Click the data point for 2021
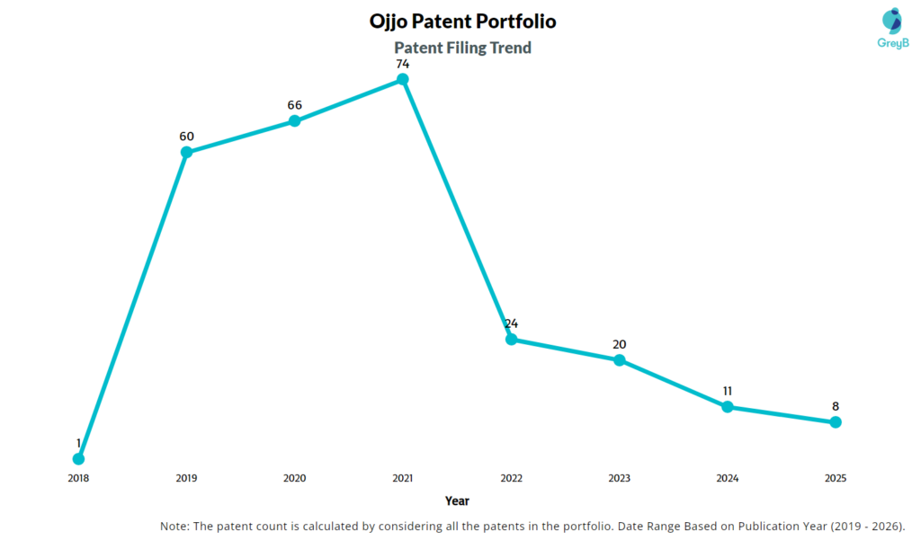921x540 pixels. coord(403,79)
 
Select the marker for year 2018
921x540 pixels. coord(78,459)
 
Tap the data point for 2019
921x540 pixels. coord(186,152)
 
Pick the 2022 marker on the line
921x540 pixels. coord(511,339)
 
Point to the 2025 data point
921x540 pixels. coord(836,421)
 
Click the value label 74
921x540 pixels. coord(403,64)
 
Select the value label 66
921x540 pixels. coord(294,105)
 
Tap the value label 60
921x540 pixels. coord(186,137)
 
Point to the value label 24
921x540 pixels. coord(511,323)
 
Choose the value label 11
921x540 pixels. coord(727,391)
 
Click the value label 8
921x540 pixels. coord(836,406)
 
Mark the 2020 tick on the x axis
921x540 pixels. coord(294,478)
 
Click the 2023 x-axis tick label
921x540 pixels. coord(619,478)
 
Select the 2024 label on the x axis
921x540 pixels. coord(727,478)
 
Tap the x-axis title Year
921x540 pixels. coord(457,500)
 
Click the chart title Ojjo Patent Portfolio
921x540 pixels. coord(456,20)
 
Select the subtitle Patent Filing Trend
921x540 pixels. coord(463,48)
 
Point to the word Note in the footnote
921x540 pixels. coord(175,526)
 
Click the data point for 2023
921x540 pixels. coord(619,359)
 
